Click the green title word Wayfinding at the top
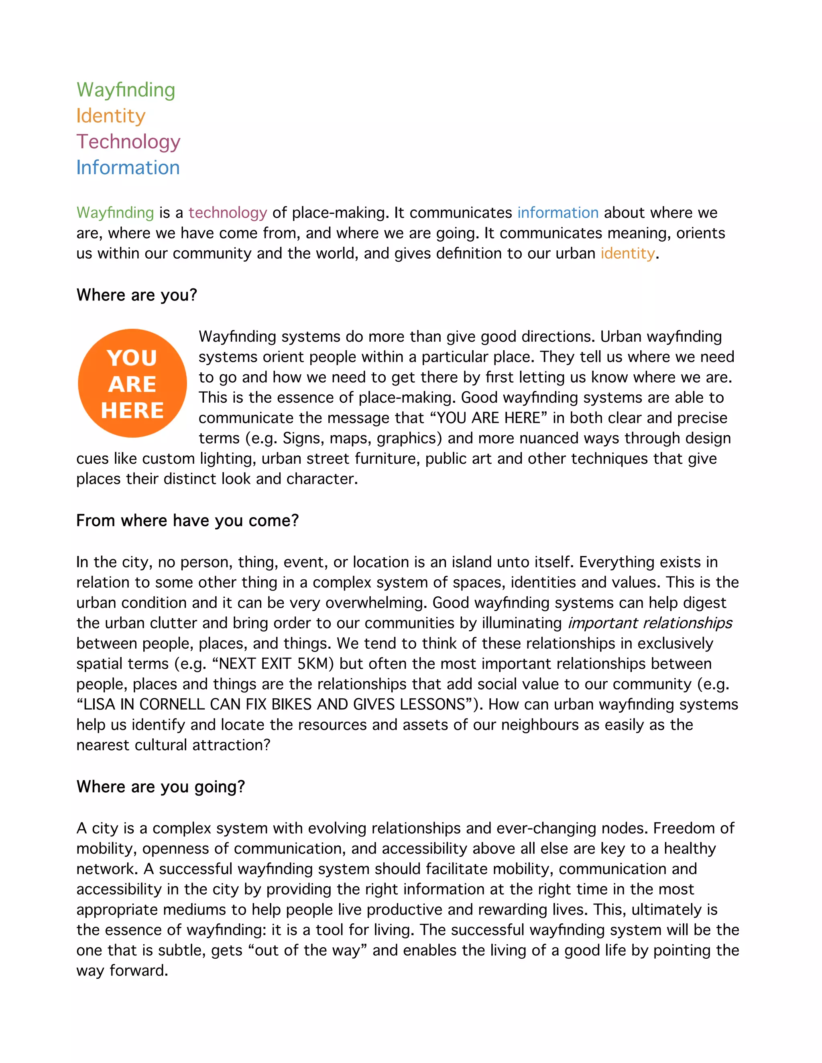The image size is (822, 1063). pos(126,90)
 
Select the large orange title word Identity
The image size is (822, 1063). pos(111,116)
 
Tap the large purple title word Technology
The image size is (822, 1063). pos(128,142)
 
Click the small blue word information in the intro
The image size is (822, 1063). pos(557,213)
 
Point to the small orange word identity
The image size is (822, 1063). pos(627,254)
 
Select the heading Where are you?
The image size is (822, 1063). pos(137,295)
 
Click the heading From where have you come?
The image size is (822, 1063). pos(187,520)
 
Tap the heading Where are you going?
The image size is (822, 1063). pos(161,787)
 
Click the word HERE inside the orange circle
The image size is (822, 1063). pos(132,410)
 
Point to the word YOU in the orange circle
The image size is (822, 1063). pos(132,358)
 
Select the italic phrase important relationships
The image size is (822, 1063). pos(650,623)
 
